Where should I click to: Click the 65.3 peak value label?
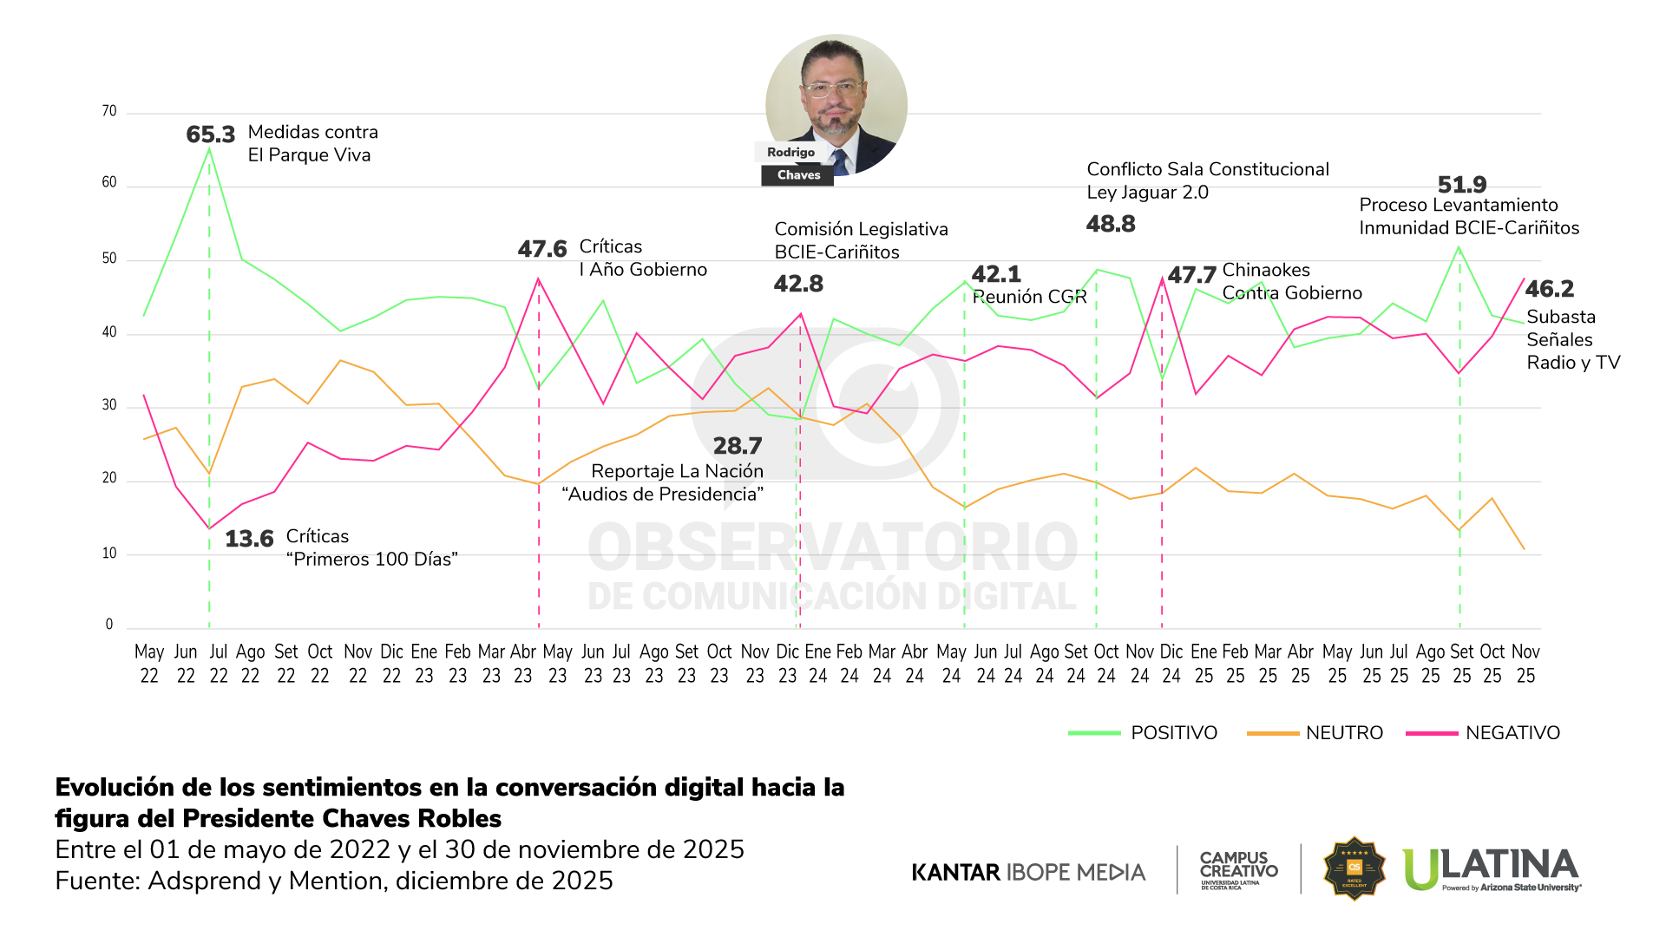click(x=211, y=135)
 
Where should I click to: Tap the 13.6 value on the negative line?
click(x=249, y=539)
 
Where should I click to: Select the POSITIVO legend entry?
click(x=1173, y=733)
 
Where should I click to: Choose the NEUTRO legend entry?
click(x=1343, y=733)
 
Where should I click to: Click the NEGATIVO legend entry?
click(x=1512, y=733)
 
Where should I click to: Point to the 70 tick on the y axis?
click(x=109, y=111)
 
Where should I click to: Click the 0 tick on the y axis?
click(x=109, y=624)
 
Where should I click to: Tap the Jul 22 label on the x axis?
click(x=219, y=663)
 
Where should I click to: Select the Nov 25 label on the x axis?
click(x=1525, y=663)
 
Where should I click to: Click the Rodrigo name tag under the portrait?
click(x=790, y=152)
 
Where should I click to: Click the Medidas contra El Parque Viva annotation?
click(x=312, y=143)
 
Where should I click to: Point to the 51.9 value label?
click(x=1462, y=185)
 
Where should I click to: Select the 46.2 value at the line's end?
click(x=1550, y=289)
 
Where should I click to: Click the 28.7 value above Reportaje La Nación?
click(x=738, y=446)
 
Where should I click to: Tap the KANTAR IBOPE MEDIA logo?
click(x=1028, y=872)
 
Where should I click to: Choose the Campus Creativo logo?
click(x=1238, y=868)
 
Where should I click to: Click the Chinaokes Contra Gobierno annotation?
click(x=1291, y=281)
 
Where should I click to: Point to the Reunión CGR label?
click(x=1029, y=297)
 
